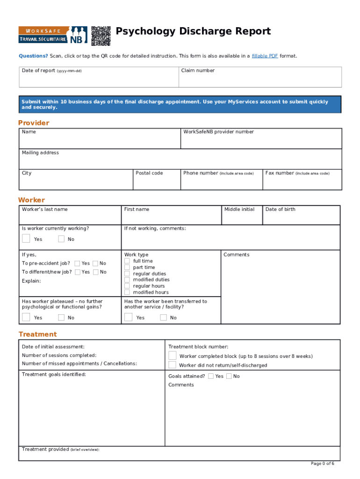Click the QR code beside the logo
(101, 36)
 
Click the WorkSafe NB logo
(53, 35)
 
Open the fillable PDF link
(265, 56)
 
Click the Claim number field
(260, 80)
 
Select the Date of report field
(99, 80)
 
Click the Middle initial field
(242, 218)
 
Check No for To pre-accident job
(96, 263)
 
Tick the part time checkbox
(127, 267)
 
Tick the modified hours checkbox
(127, 292)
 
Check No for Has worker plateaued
(62, 318)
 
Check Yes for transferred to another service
(129, 318)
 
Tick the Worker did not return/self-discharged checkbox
(173, 365)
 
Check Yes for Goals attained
(211, 376)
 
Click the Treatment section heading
(37, 334)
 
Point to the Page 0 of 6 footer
(323, 464)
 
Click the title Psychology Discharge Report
(193, 31)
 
